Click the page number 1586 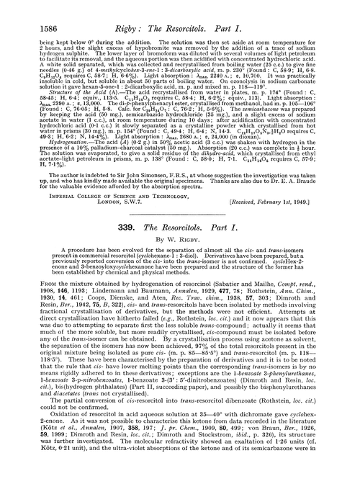coord(26,9)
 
